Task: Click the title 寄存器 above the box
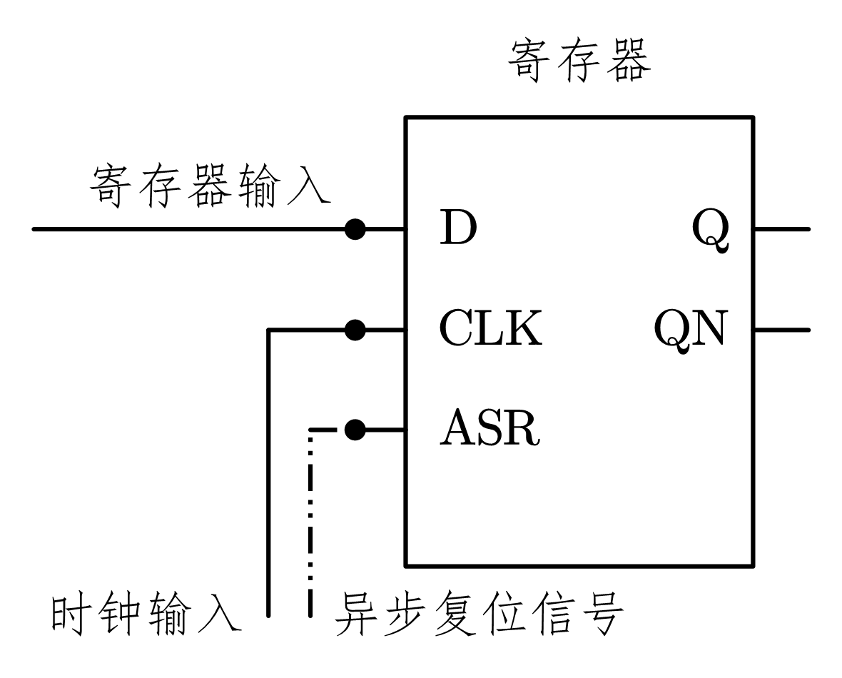click(x=579, y=62)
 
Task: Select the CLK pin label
click(x=490, y=330)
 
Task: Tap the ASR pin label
click(x=490, y=430)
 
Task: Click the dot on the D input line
click(x=355, y=229)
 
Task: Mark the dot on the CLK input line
click(x=355, y=330)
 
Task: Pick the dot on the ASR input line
click(x=355, y=430)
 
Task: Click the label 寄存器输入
click(x=210, y=186)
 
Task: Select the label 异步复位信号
click(x=479, y=613)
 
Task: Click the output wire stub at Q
click(x=781, y=229)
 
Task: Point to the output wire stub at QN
click(x=781, y=330)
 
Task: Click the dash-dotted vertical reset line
click(x=311, y=521)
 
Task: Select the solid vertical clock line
click(x=268, y=471)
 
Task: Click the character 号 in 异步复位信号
click(x=601, y=613)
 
